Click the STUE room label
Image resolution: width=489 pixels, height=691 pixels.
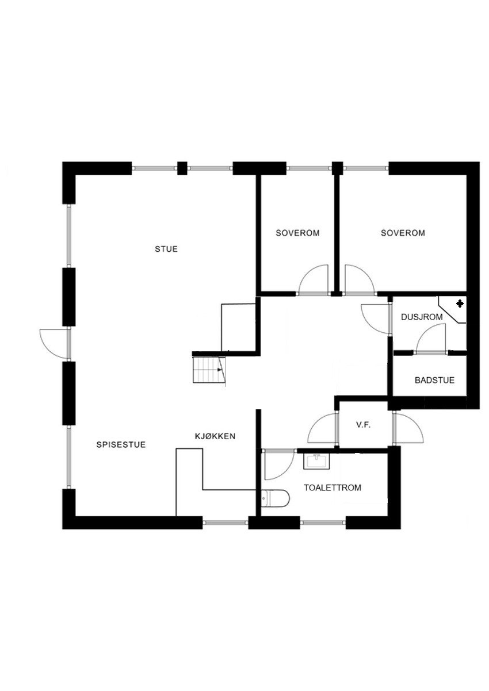click(x=166, y=249)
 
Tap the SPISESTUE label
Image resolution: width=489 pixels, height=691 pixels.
click(x=121, y=444)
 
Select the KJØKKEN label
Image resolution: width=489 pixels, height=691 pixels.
click(x=215, y=436)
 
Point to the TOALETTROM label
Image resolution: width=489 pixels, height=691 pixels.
click(x=333, y=487)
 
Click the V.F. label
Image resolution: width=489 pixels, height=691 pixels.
click(x=362, y=425)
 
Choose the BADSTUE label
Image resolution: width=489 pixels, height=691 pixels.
click(x=434, y=380)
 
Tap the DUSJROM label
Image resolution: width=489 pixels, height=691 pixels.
click(x=421, y=317)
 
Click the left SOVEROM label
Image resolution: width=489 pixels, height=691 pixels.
click(x=297, y=233)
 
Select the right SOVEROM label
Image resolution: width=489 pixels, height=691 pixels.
click(x=403, y=233)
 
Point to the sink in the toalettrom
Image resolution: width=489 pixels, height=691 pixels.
click(x=315, y=461)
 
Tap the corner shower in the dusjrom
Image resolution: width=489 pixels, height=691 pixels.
click(x=453, y=309)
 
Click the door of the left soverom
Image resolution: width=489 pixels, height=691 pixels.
click(x=314, y=281)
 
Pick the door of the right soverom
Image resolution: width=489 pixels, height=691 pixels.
click(x=358, y=281)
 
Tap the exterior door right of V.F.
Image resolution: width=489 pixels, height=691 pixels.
click(x=408, y=429)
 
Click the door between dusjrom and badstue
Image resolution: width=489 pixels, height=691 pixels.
click(x=430, y=339)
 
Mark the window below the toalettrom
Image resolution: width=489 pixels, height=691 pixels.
click(x=322, y=523)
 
